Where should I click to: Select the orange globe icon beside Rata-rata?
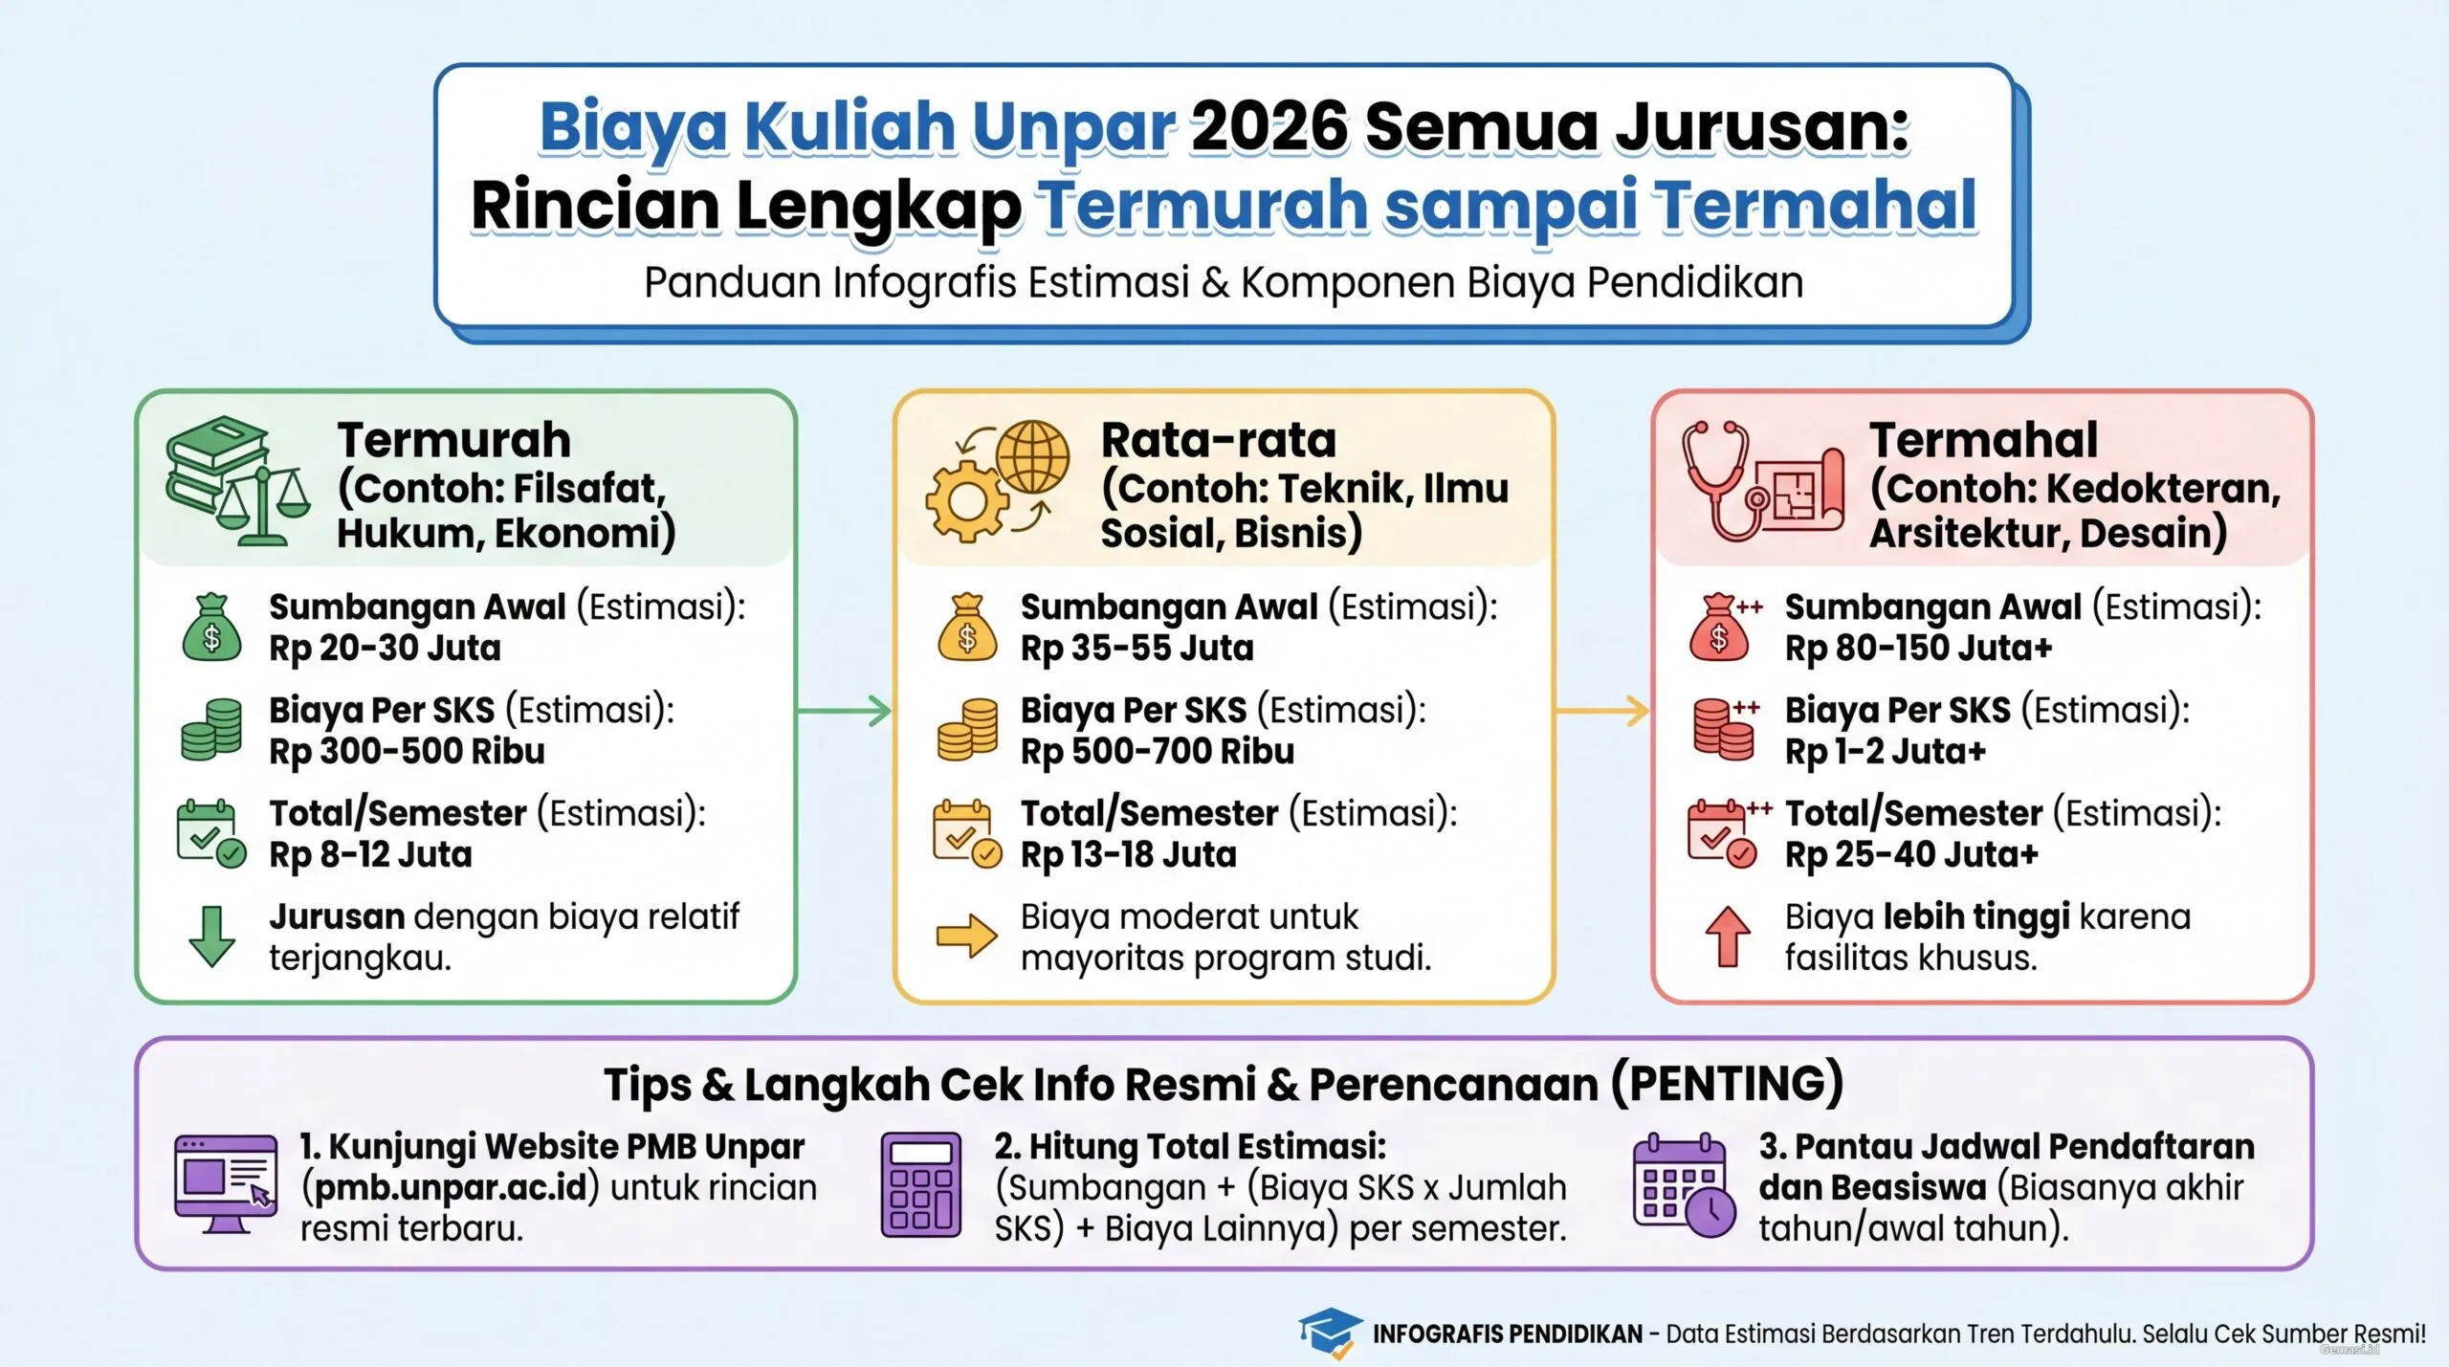tap(1032, 457)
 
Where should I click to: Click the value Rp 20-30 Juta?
tap(385, 649)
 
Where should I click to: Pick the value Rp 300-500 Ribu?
tap(407, 752)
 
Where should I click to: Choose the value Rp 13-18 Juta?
tap(1128, 855)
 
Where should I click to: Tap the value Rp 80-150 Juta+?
tap(1918, 649)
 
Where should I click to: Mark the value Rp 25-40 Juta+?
tap(1910, 855)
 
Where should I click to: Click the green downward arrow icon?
tap(211, 936)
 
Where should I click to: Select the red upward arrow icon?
tap(1727, 936)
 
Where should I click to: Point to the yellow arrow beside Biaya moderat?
tap(966, 936)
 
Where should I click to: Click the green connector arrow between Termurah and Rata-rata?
tap(844, 711)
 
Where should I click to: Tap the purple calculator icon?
tap(920, 1185)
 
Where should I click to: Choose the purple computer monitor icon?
tap(226, 1183)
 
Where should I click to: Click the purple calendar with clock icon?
tap(1684, 1185)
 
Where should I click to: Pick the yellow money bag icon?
tap(967, 628)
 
